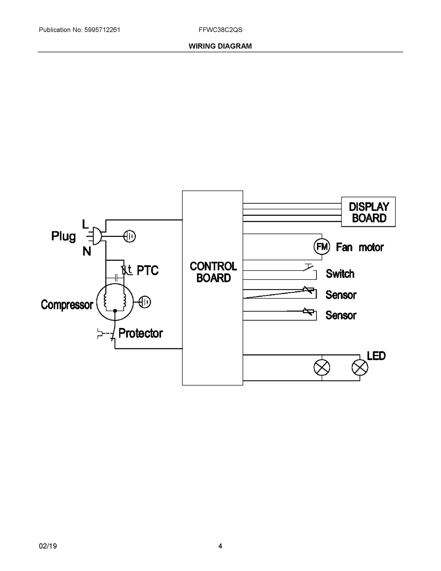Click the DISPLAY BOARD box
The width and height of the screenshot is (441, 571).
click(x=368, y=212)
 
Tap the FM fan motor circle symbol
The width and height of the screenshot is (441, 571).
click(x=322, y=246)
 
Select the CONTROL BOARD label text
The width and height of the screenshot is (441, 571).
click(x=213, y=272)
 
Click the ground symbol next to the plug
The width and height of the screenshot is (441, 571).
click(x=129, y=236)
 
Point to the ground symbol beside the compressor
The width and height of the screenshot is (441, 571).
click(x=145, y=302)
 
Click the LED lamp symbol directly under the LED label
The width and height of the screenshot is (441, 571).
click(x=360, y=368)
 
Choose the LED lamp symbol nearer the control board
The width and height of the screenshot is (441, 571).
click(x=322, y=368)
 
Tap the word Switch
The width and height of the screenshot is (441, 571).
click(x=340, y=274)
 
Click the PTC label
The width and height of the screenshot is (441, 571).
click(x=148, y=270)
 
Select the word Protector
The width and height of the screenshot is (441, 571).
click(x=141, y=333)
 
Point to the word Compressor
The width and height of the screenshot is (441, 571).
click(x=67, y=305)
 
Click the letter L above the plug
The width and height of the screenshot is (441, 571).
click(x=85, y=224)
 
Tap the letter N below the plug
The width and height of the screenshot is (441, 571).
click(x=87, y=251)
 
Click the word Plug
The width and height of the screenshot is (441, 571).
click(x=63, y=236)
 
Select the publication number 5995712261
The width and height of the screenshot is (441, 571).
click(x=102, y=30)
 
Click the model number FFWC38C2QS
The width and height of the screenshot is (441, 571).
click(x=220, y=30)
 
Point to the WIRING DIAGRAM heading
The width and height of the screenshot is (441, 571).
click(x=220, y=46)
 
